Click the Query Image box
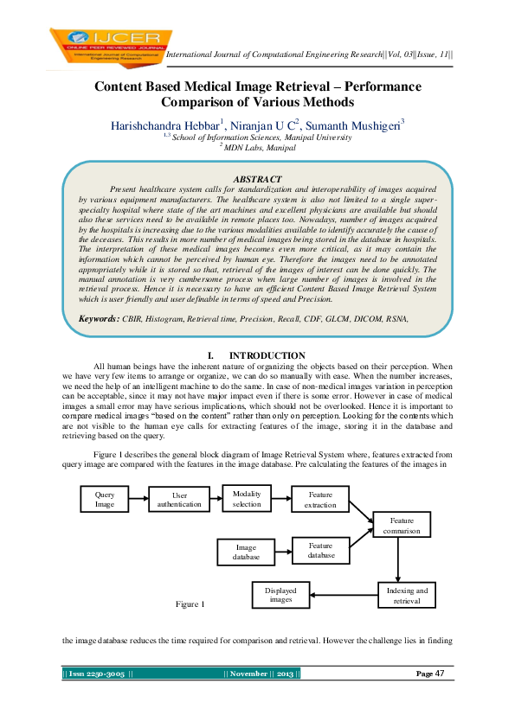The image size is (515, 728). coord(105,500)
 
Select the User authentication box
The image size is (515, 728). coord(179,501)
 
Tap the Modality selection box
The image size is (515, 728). coord(247,499)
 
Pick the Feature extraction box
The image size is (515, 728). coord(320,500)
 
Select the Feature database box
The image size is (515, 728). coord(320,551)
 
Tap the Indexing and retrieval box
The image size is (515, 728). coord(406,595)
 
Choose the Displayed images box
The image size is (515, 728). coord(281,595)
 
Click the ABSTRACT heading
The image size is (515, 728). coord(256,177)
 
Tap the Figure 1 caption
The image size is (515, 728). coord(190,603)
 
